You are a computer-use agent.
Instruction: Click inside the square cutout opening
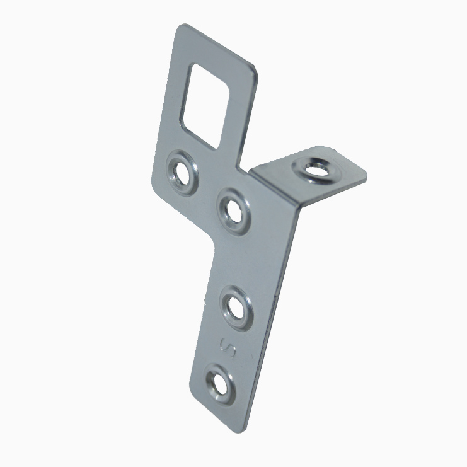(x=205, y=106)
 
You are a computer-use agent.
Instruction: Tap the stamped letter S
(x=228, y=348)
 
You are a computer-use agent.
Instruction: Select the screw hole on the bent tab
(x=315, y=171)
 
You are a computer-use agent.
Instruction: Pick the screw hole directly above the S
(x=236, y=308)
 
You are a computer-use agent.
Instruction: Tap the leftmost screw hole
(x=182, y=173)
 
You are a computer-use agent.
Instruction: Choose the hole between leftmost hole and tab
(x=234, y=212)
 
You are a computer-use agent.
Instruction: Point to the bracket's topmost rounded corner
(x=182, y=26)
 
